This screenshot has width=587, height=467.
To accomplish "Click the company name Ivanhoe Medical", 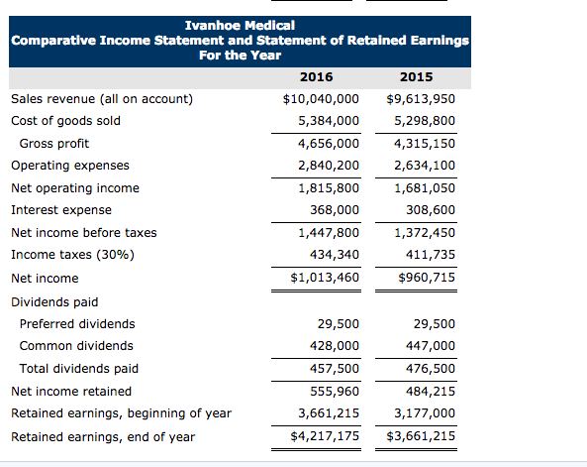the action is pos(240,24).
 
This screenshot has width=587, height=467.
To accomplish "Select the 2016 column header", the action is pos(315,76).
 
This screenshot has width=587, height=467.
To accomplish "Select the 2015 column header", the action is pos(416,76).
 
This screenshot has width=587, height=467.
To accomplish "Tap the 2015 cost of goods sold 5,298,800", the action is pos(425,121).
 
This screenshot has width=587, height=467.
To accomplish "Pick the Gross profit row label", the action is pos(54,144).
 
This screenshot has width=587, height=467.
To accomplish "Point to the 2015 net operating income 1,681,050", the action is pos(425,188).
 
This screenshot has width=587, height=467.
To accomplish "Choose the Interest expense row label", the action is pos(60,210).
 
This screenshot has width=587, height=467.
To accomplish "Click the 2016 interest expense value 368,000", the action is pos(335,210).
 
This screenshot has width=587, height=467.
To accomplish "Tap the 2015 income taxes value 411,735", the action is pos(431,255).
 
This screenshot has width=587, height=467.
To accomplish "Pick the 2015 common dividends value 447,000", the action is pos(431,346).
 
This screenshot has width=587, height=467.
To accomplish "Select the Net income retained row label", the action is pos(70,392).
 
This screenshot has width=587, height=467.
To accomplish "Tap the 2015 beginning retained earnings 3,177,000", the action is pos(425,413).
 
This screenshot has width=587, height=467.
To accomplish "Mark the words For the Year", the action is pos(240,56).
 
